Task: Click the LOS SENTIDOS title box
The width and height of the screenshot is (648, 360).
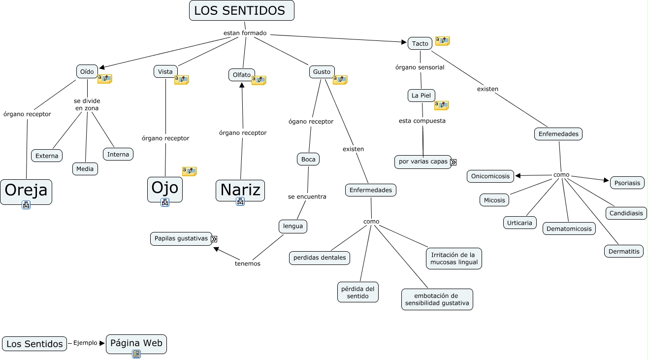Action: (241, 10)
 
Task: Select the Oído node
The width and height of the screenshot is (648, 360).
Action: (87, 71)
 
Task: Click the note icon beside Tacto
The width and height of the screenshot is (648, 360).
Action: (442, 41)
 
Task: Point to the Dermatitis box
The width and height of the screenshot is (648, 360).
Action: (623, 251)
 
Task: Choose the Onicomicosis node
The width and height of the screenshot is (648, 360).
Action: (490, 176)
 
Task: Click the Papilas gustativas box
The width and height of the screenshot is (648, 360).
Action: (181, 238)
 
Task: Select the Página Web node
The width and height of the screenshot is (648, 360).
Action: (136, 343)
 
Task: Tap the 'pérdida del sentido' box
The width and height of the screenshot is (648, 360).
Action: (358, 292)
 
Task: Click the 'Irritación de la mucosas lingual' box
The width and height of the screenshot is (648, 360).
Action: (454, 259)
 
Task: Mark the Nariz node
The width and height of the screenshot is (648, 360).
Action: (240, 190)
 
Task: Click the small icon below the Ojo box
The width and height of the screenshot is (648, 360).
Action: (165, 202)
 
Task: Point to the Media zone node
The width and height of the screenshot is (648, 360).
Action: (85, 169)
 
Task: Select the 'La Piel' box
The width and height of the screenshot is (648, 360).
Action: (421, 95)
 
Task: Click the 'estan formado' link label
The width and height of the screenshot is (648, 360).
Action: (245, 33)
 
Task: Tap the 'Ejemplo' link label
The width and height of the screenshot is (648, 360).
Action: (85, 343)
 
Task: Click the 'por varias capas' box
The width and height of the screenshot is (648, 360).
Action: (423, 162)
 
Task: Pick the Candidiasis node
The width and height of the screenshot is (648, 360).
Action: (626, 213)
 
